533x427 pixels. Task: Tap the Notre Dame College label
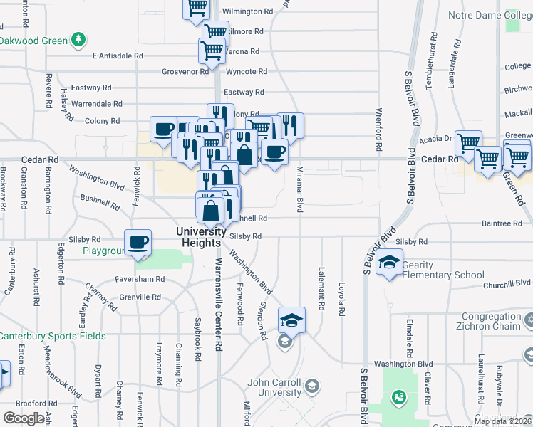coord(490,15)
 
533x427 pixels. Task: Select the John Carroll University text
coord(274,387)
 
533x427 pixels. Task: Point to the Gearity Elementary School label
coord(443,270)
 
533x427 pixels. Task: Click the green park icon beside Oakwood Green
coord(83,39)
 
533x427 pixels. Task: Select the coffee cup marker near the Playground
coord(138,242)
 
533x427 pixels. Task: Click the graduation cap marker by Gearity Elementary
coord(390,262)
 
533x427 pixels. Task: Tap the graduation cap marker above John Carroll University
coord(291,320)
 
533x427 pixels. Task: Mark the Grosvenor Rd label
coord(185,72)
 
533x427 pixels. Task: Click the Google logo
coord(24,418)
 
